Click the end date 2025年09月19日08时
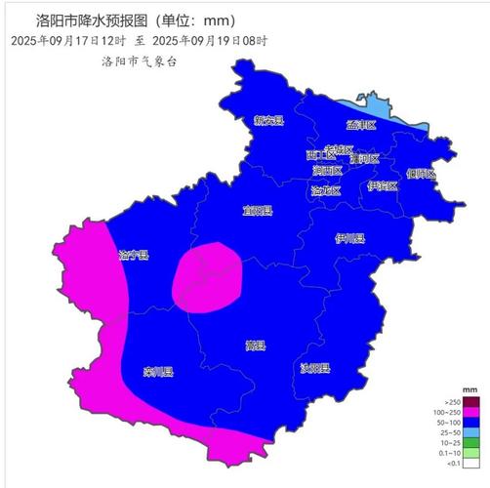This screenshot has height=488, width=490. [x=210, y=41]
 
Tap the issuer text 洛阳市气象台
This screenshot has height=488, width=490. [x=140, y=61]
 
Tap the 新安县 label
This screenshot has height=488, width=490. [x=268, y=121]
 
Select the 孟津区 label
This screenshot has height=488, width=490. [x=360, y=125]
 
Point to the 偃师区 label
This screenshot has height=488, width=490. [x=420, y=174]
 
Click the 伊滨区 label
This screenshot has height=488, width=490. [x=383, y=185]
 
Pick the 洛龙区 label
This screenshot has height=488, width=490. [x=326, y=190]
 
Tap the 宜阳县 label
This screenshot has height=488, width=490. [x=258, y=210]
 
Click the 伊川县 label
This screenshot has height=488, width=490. [x=349, y=238]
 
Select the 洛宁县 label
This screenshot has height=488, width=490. [x=133, y=256]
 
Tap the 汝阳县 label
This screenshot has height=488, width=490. [x=314, y=369]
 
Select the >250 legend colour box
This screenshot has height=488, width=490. [x=470, y=402]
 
